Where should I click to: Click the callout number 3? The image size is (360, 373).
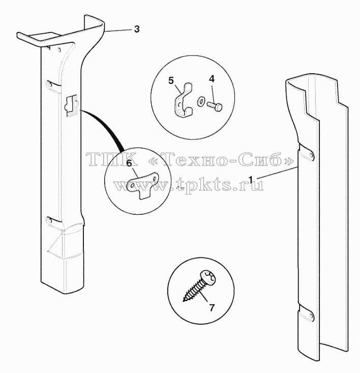pos(137,29)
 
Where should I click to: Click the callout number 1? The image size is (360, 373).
pos(251,180)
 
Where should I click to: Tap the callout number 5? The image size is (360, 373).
pos(171,80)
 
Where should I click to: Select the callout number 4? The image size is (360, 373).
pos(212,79)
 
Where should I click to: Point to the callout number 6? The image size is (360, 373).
pos(129,163)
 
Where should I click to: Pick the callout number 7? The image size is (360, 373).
pos(212,307)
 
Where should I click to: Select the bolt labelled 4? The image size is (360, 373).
pos(215,106)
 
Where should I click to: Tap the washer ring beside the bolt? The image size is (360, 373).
pos(200,102)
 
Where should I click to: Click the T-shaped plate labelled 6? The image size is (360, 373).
pos(142,183)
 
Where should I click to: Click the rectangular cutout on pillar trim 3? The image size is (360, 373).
pos(72,105)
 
